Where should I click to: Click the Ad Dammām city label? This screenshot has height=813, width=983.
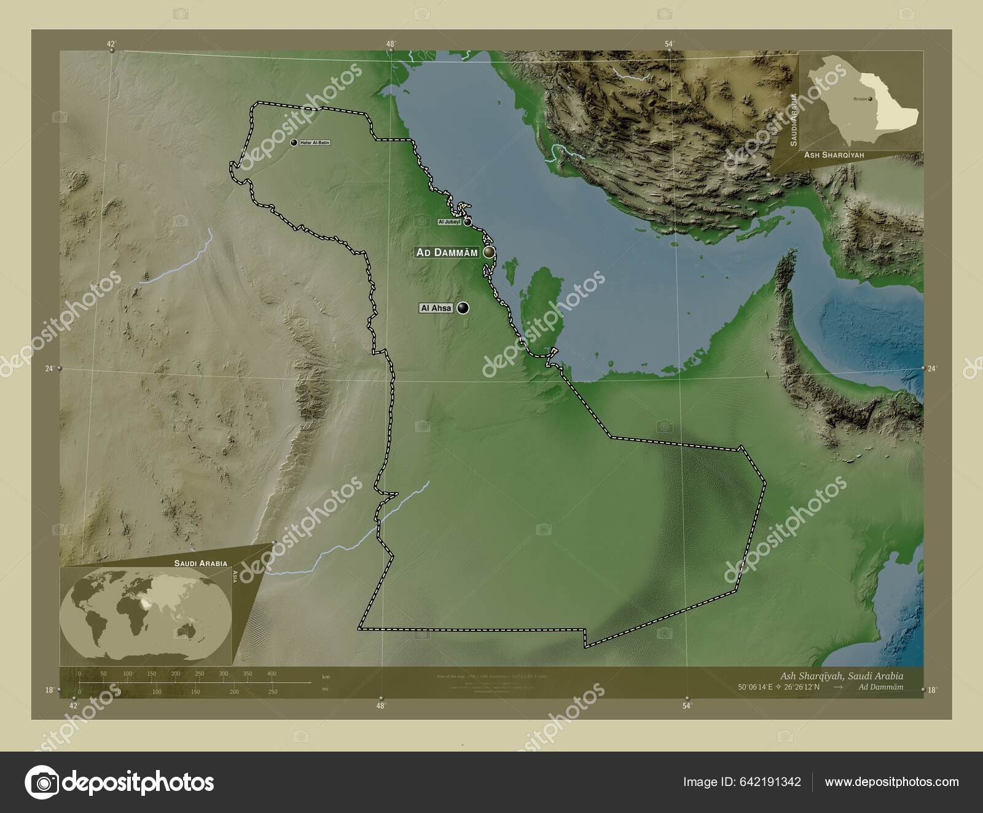[447, 252]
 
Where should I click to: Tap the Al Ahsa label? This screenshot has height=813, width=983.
[436, 308]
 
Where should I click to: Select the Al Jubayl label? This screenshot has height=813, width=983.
[449, 222]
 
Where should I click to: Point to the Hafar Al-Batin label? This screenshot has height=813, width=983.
[315, 142]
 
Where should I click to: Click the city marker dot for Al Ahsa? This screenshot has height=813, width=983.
[463, 308]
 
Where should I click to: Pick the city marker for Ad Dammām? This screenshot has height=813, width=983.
[489, 252]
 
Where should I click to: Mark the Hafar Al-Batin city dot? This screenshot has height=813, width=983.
[294, 142]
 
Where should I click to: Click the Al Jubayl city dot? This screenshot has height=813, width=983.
[468, 222]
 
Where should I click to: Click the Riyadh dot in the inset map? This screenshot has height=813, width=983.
[870, 98]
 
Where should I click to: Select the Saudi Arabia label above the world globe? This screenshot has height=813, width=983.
[200, 562]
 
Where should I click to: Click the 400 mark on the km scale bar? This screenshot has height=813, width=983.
[272, 674]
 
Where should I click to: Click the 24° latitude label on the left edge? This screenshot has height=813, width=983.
[49, 368]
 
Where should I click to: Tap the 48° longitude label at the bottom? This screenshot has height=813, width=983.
[381, 706]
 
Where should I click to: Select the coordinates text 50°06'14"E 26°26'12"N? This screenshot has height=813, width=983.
[779, 687]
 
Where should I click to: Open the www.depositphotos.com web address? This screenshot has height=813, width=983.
[891, 782]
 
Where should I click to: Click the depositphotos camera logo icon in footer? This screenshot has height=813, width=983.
[41, 782]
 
